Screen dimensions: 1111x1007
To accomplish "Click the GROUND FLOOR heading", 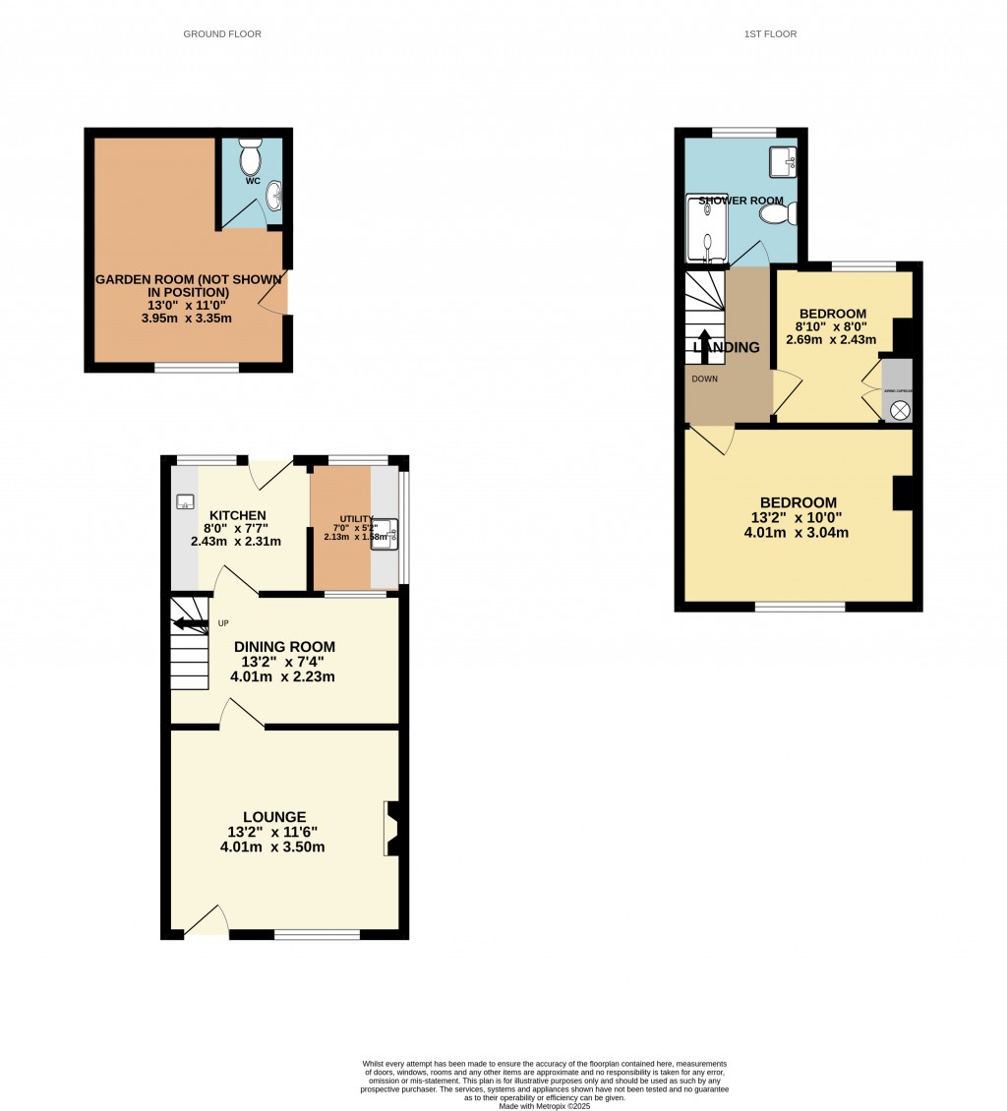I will [x=222, y=34].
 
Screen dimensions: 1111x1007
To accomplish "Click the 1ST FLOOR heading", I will [x=771, y=34].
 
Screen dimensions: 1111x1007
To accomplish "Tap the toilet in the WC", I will [x=250, y=157].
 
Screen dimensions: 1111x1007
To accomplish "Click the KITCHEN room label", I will [x=237, y=515].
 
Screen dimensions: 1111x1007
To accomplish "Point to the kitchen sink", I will [x=184, y=502].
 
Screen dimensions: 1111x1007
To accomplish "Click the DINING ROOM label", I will [x=284, y=647].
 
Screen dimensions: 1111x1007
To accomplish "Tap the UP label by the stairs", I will [x=223, y=623].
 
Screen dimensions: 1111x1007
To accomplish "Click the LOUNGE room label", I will [x=274, y=817].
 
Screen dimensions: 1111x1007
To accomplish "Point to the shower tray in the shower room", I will [x=705, y=228].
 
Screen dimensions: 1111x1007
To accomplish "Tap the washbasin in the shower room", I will [x=783, y=162].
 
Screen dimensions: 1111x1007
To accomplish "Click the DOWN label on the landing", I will [x=704, y=379].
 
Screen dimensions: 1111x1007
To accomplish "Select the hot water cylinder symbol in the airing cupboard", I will [x=898, y=410].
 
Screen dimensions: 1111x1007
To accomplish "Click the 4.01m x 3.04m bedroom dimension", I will [x=799, y=534].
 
